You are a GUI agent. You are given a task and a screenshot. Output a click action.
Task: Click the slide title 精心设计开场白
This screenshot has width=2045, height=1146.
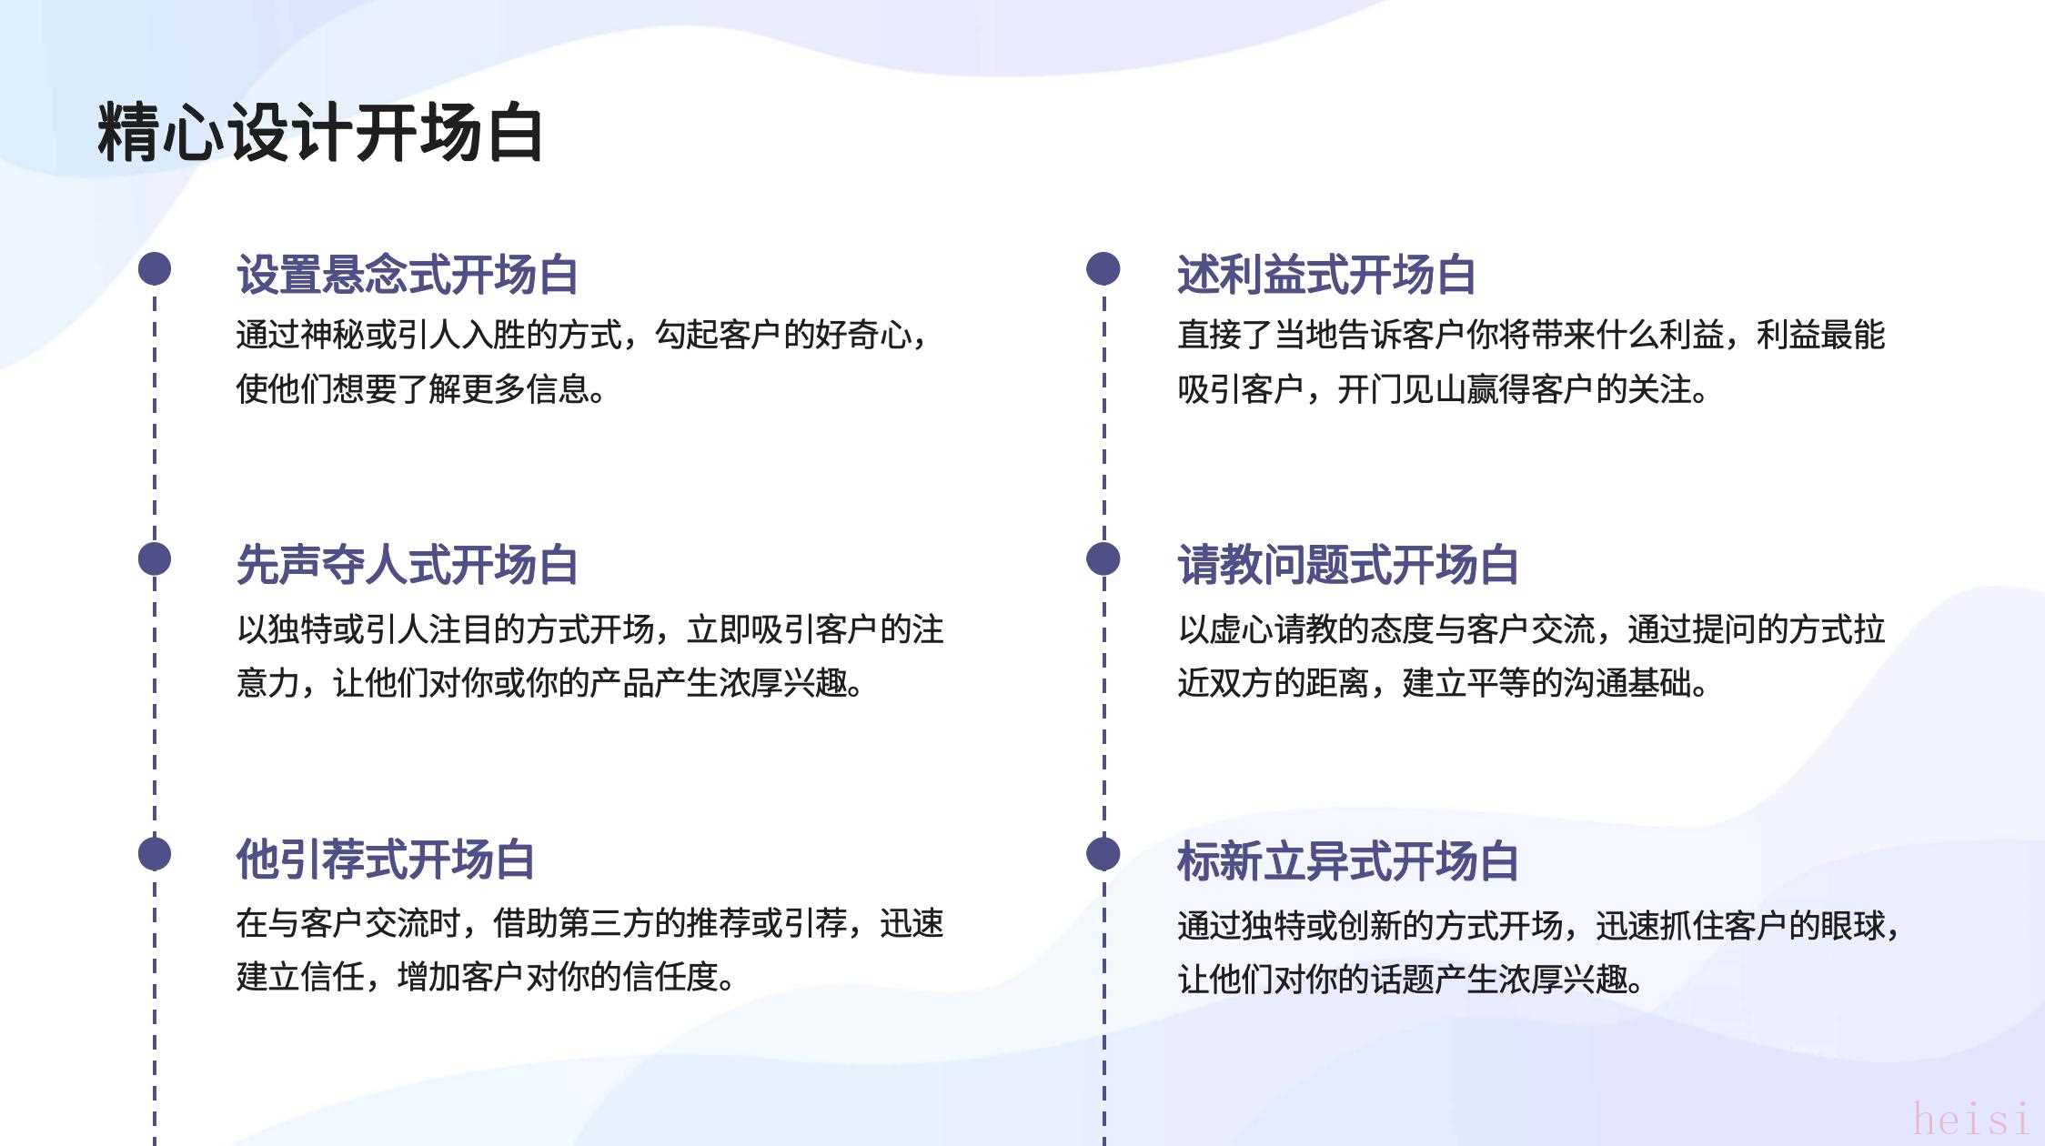tap(320, 133)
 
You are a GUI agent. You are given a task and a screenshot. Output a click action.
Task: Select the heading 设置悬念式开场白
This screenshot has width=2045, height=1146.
tap(407, 274)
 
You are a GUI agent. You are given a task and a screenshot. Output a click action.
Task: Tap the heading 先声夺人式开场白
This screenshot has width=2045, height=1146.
tap(407, 564)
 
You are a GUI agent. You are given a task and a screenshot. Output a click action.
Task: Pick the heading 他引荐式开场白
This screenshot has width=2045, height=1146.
tap(385, 859)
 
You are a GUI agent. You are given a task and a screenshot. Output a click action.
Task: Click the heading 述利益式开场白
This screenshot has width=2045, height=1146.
tap(1326, 274)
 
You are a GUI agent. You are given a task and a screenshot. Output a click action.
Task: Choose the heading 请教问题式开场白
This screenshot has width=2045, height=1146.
tap(1347, 564)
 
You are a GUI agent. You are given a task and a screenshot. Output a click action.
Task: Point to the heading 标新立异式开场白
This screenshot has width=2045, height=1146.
tap(1347, 860)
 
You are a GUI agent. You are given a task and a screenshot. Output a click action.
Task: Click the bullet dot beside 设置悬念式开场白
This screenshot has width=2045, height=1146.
tap(155, 268)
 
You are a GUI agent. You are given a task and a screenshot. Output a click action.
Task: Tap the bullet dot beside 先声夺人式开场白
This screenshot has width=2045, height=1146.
tap(155, 558)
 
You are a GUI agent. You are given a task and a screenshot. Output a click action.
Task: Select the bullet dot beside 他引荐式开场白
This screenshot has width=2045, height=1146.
tap(155, 853)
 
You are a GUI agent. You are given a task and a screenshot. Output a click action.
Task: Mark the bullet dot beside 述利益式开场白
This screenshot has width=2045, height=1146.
tap(1103, 268)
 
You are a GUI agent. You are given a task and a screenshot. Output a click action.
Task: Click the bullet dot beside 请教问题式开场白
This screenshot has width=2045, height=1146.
tap(1103, 558)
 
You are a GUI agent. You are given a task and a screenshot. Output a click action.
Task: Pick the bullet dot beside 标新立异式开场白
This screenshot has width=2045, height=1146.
tap(1103, 853)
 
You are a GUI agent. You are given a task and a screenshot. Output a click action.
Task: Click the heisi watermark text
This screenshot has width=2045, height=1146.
tap(1970, 1118)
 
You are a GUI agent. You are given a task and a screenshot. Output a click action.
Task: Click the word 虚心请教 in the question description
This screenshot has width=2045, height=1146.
tap(1274, 629)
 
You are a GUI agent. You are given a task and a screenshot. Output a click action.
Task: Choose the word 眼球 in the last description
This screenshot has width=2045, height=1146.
tap(1853, 926)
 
